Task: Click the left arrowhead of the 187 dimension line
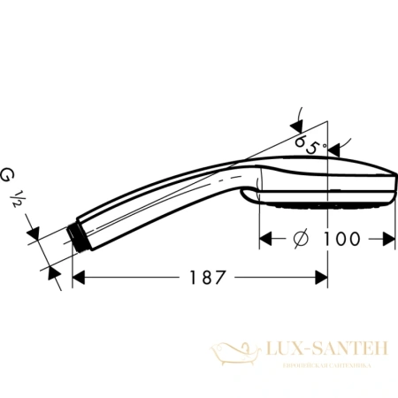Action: (78, 276)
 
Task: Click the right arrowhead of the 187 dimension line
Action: (323, 276)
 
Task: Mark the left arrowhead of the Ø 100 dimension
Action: (265, 238)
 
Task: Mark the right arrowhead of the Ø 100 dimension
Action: (387, 238)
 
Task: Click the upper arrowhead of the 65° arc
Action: (297, 111)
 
